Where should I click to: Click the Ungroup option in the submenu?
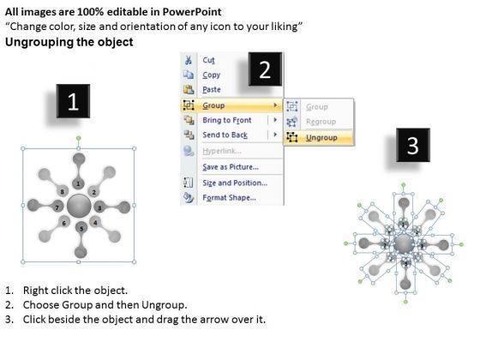pyautogui.click(x=321, y=138)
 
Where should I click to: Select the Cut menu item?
pyautogui.click(x=208, y=60)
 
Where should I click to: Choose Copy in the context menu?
pyautogui.click(x=211, y=75)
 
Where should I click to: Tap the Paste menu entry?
pyautogui.click(x=212, y=89)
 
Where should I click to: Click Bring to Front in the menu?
pyautogui.click(x=227, y=120)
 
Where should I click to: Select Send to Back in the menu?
pyautogui.click(x=225, y=135)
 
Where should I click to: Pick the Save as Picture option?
pyautogui.click(x=231, y=167)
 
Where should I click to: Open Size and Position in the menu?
pyautogui.click(x=235, y=183)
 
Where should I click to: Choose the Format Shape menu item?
pyautogui.click(x=230, y=197)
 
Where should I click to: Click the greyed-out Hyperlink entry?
pyautogui.click(x=222, y=151)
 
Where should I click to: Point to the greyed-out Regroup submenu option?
pyautogui.click(x=321, y=122)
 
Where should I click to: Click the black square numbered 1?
pyautogui.click(x=73, y=101)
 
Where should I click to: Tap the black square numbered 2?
pyautogui.click(x=265, y=69)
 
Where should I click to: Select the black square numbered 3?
pyautogui.click(x=413, y=145)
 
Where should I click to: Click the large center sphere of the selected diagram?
pyautogui.click(x=79, y=206)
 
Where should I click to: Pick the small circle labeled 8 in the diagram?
pyautogui.click(x=62, y=192)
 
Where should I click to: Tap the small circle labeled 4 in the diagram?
pyautogui.click(x=95, y=222)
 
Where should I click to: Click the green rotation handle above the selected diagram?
pyautogui.click(x=79, y=138)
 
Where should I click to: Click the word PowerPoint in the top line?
pyautogui.click(x=192, y=12)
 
